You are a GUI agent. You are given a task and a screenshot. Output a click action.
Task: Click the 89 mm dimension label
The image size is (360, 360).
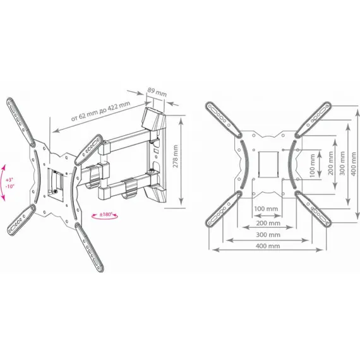157,92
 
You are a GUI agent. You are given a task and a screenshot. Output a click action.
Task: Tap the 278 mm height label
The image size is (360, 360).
176,156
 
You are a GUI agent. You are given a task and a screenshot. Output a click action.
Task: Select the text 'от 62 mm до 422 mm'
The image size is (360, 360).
100,111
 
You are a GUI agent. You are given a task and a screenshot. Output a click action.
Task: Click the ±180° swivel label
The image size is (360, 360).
105,215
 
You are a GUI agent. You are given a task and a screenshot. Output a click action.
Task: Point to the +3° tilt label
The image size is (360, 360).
9,179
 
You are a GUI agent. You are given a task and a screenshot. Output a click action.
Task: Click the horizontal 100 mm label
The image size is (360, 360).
266,208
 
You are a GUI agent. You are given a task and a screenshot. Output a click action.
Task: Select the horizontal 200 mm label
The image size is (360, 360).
268,223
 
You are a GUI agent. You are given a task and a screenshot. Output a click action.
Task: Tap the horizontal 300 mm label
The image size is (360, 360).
268,235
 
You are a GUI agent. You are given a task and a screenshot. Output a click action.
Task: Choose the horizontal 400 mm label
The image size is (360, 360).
268,246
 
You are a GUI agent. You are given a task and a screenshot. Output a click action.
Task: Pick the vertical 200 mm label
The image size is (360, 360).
330,163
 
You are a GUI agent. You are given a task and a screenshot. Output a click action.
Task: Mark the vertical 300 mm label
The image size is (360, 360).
342,163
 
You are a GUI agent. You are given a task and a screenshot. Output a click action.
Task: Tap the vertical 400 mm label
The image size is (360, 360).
354,164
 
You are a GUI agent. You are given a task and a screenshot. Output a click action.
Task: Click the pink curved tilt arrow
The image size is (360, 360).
3,183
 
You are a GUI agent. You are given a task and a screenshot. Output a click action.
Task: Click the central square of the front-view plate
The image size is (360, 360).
268,164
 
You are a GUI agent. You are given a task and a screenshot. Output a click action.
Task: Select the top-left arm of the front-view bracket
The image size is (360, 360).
224,119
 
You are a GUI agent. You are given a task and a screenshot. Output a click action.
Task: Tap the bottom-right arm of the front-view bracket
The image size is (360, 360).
313,208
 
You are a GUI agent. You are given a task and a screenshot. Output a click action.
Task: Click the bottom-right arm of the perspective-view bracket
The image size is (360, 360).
89,247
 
